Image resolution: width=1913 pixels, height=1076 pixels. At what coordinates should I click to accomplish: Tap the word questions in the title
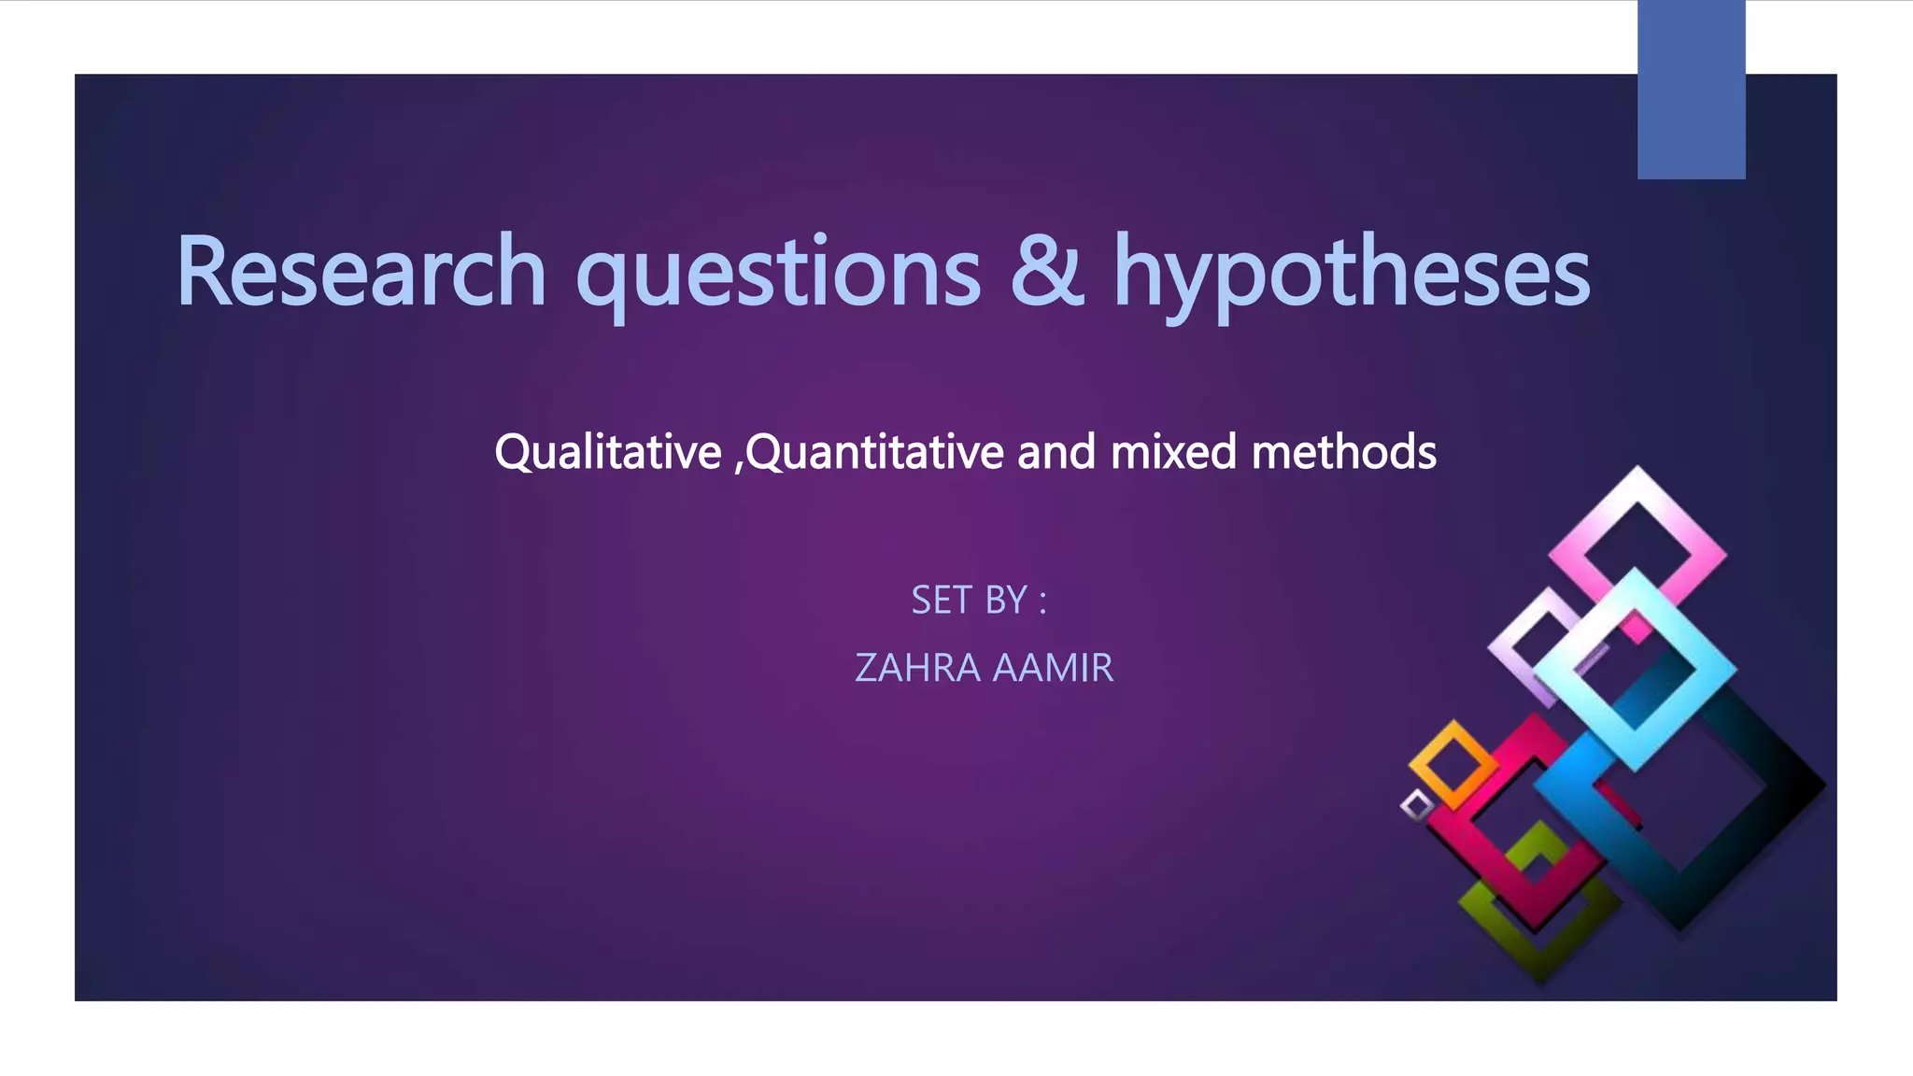778,273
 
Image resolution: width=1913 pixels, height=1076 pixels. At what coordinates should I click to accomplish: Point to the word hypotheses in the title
1352,273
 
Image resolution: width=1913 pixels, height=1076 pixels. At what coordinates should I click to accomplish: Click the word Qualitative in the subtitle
608,452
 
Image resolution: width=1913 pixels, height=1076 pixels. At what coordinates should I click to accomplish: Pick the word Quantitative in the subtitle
875,452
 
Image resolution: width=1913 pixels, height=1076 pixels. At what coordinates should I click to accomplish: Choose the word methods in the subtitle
1343,452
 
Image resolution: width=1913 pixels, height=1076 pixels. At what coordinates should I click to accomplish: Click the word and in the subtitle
1056,452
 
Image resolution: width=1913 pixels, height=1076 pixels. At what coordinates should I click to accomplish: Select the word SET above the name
942,600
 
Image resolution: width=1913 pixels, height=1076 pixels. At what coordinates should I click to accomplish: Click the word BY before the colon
1006,600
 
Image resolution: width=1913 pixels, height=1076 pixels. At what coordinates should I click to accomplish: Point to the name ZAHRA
917,668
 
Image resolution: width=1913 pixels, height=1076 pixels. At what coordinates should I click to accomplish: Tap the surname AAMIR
1053,668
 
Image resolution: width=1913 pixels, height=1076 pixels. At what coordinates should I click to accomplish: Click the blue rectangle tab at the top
1691,90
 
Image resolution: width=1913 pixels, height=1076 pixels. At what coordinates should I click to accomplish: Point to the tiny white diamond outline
1416,805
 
